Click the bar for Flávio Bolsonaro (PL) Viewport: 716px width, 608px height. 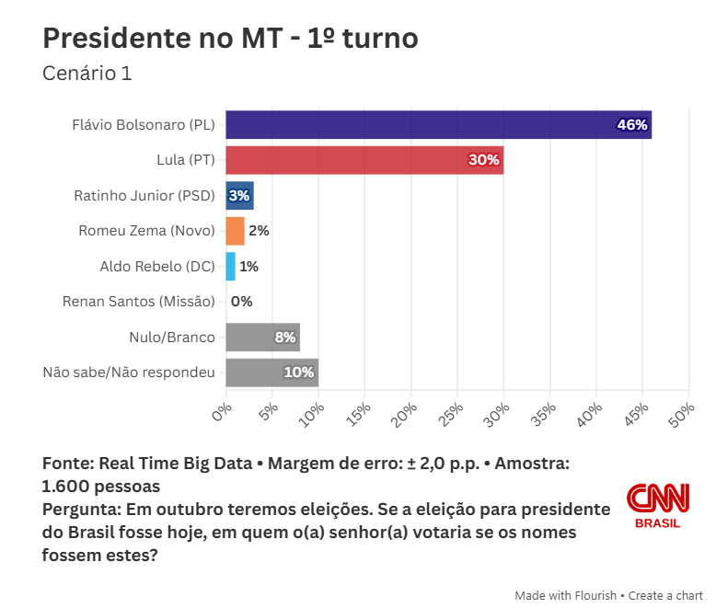(x=438, y=124)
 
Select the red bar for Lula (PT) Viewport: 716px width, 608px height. (x=364, y=160)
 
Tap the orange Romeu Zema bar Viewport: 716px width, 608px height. (x=235, y=231)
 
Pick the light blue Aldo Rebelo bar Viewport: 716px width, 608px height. (x=230, y=267)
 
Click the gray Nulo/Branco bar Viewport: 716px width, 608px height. (x=262, y=338)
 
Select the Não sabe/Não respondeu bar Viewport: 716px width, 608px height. (x=271, y=373)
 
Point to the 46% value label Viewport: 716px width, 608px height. (x=632, y=125)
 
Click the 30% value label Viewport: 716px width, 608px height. (x=484, y=160)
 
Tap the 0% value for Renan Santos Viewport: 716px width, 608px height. (x=241, y=302)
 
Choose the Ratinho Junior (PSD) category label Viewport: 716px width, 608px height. (x=144, y=196)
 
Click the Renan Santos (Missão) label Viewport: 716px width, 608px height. (x=138, y=302)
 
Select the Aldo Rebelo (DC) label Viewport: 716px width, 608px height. (x=156, y=267)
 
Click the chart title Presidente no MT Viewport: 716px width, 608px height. (x=230, y=38)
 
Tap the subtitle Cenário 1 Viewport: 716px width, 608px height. (x=87, y=74)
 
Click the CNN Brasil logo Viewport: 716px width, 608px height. (x=658, y=505)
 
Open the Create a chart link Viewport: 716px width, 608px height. (x=667, y=595)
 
